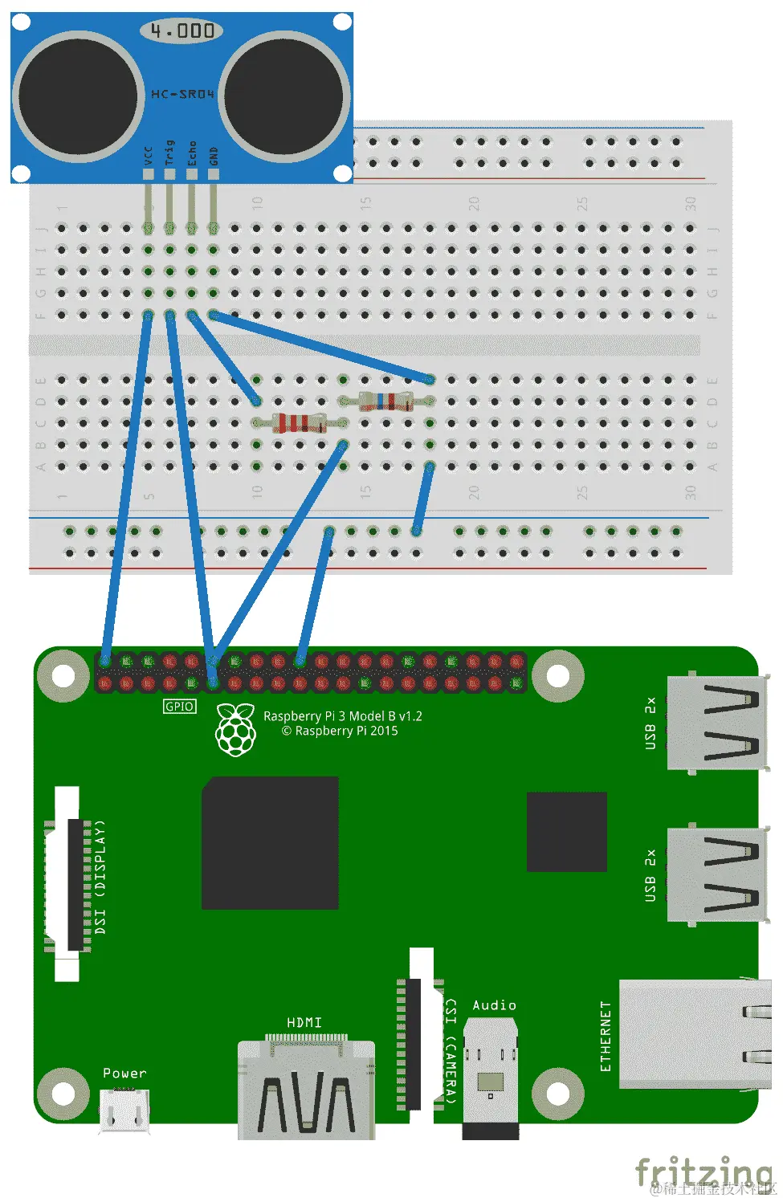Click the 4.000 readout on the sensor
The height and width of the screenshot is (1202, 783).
pos(182,31)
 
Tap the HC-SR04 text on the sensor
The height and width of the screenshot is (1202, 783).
pos(183,94)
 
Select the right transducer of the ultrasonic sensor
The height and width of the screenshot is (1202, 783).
pos(284,96)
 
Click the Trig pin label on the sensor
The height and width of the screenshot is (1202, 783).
pos(169,153)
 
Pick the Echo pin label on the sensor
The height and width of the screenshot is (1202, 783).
pos(192,153)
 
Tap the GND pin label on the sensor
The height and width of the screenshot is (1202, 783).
pos(214,155)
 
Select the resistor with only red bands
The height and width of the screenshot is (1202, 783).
pos(299,422)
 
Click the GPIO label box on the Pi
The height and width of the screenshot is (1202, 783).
pos(179,707)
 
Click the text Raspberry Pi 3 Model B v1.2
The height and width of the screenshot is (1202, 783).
pos(343,715)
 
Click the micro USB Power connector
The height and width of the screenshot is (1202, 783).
pos(124,1111)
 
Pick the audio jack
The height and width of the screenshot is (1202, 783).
pos(490,1076)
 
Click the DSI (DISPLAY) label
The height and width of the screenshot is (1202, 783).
pos(100,877)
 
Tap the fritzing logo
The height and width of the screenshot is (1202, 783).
pos(703,1171)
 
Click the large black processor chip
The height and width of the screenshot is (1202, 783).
pos(270,842)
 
